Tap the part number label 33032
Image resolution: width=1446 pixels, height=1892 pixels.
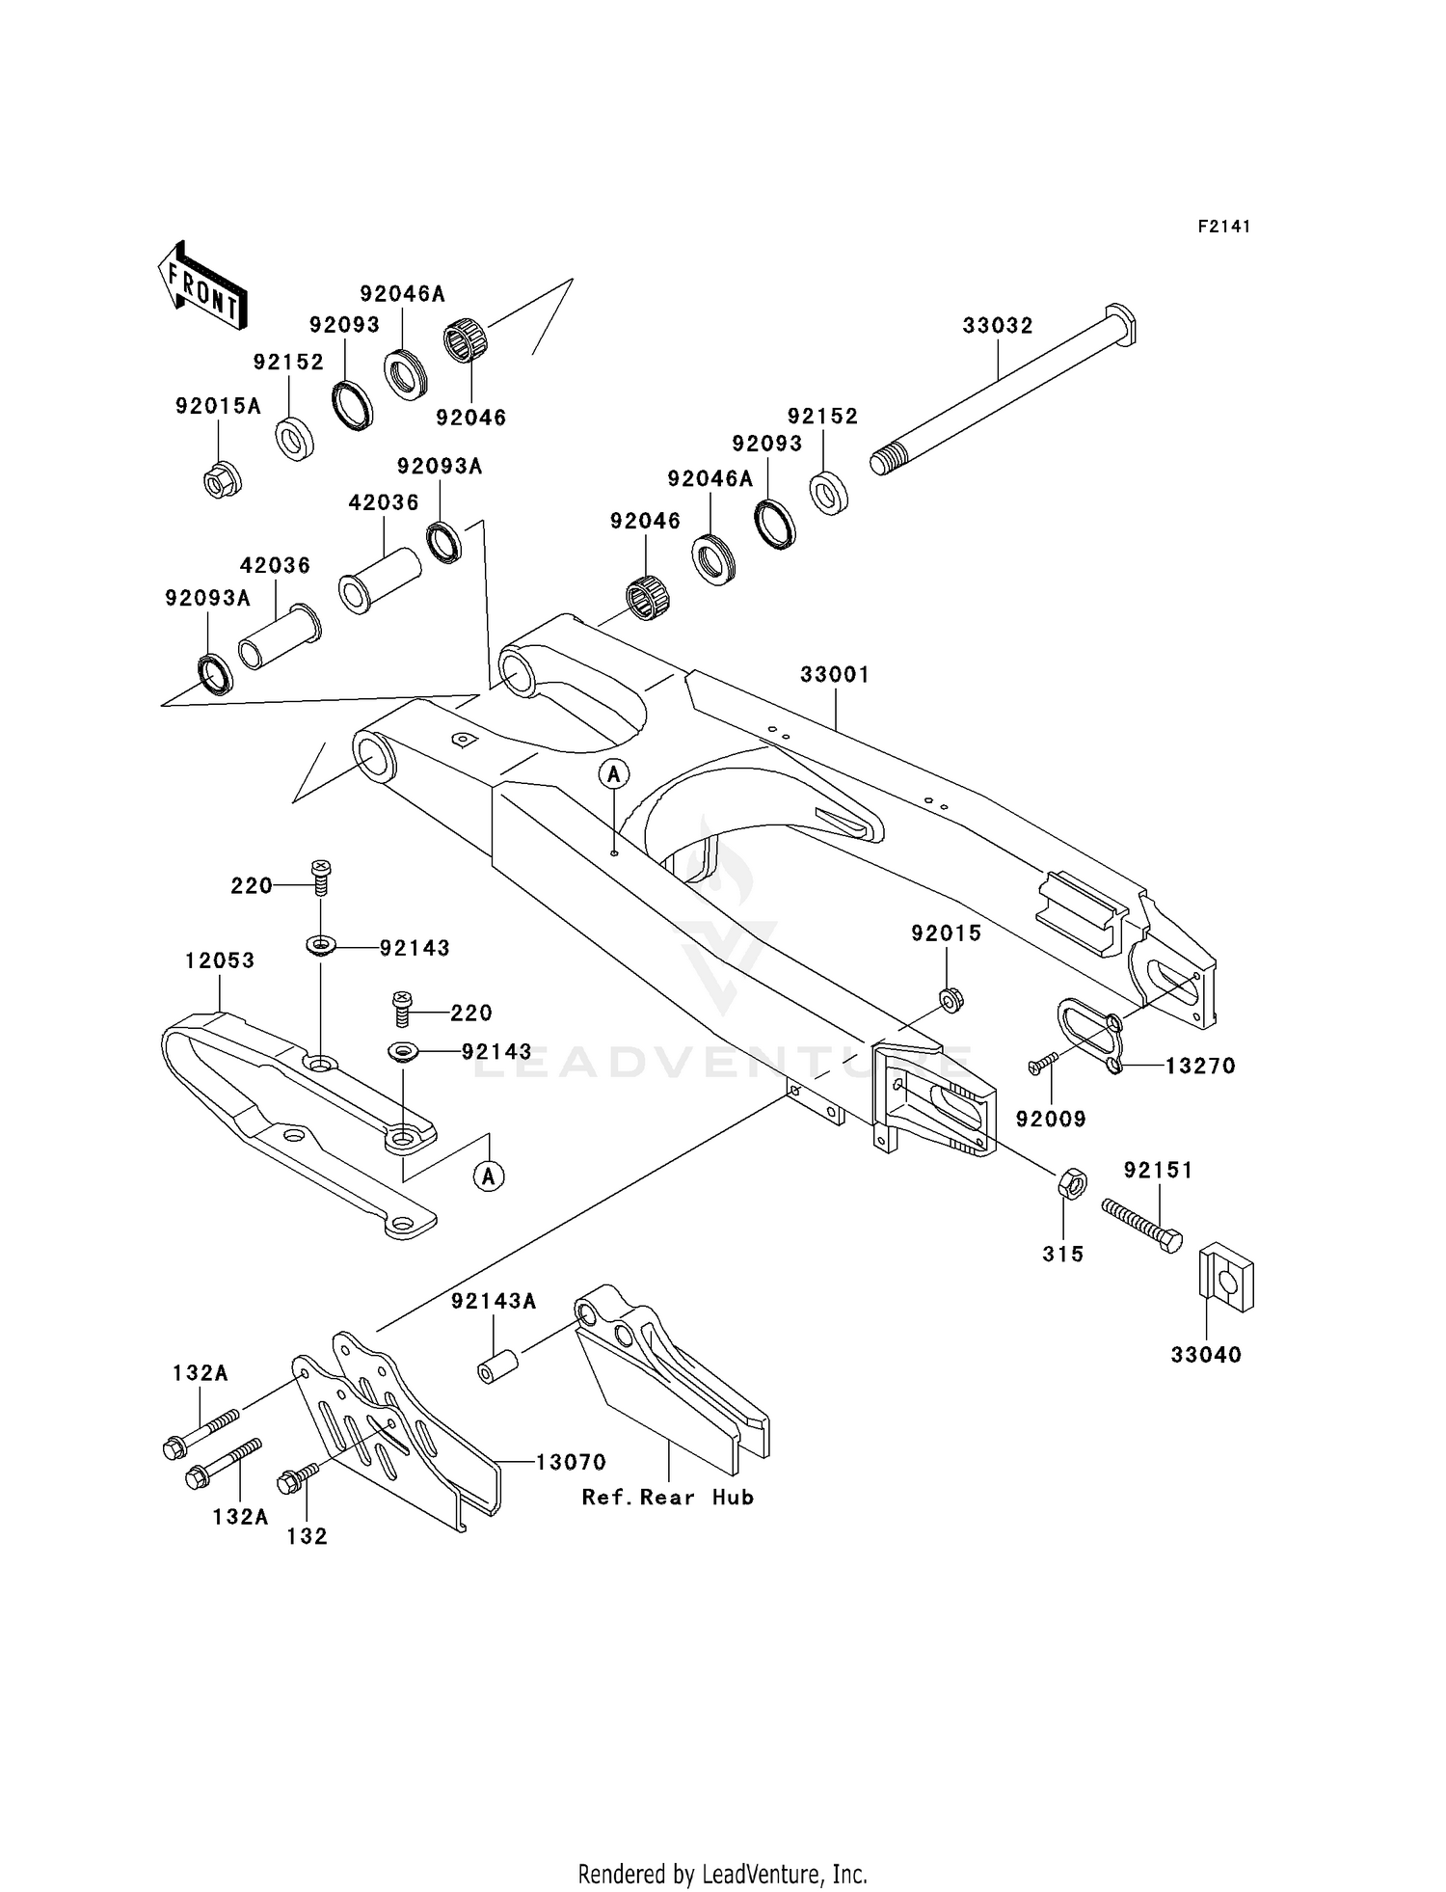(998, 326)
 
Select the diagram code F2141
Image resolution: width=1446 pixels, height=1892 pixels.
(1223, 227)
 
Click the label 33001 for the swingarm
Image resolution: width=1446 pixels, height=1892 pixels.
(835, 675)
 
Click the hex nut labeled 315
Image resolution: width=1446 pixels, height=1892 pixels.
(1073, 1183)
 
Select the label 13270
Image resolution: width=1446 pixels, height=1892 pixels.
(1200, 1067)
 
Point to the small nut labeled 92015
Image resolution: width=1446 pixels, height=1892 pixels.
(951, 1000)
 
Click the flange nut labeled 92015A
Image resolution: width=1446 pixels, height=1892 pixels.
(222, 479)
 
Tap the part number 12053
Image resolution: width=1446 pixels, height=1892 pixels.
(220, 960)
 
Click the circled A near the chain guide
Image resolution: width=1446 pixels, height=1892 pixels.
(490, 1176)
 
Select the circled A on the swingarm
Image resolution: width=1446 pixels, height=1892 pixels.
(614, 773)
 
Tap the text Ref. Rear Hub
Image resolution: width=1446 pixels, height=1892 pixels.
(667, 1498)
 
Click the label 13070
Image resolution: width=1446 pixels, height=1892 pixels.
(571, 1462)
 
